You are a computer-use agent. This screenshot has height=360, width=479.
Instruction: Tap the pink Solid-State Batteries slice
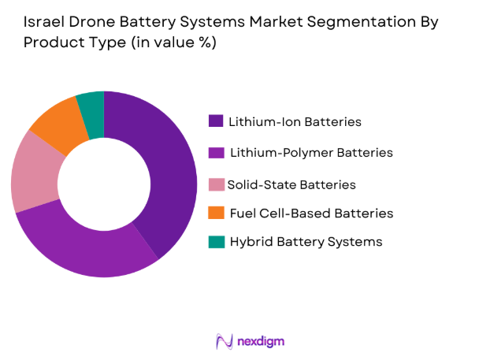point(33,173)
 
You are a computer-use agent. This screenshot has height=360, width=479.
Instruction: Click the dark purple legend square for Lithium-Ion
point(215,121)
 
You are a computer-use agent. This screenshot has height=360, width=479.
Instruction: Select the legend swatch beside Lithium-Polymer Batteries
point(215,152)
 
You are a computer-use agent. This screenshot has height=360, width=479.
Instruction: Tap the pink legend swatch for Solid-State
point(215,184)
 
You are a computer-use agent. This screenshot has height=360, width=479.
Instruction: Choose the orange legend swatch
point(215,213)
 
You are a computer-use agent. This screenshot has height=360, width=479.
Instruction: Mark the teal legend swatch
point(215,242)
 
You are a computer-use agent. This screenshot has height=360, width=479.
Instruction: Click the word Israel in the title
point(41,23)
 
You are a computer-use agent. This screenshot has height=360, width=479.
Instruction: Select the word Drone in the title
point(91,23)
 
